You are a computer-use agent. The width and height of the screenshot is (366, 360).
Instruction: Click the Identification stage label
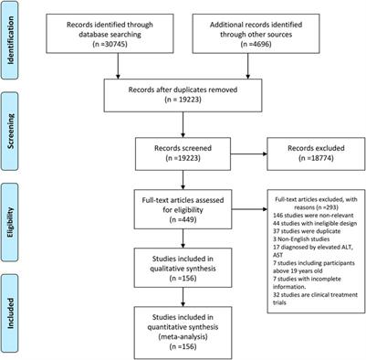pyautogui.click(x=12, y=37)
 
